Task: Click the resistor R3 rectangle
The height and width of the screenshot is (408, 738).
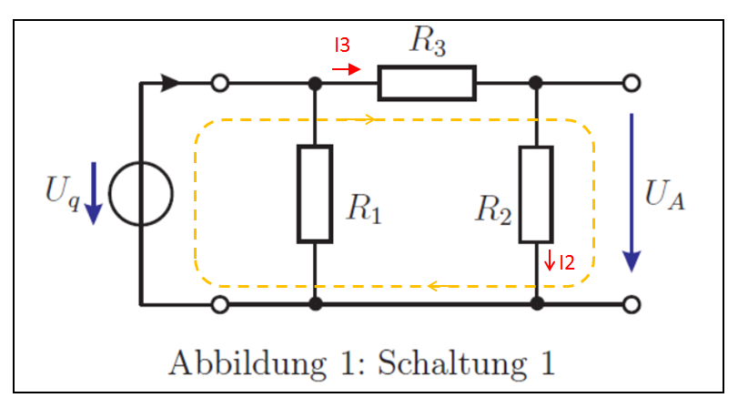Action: tap(427, 83)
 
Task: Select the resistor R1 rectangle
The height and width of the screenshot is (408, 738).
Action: tap(315, 193)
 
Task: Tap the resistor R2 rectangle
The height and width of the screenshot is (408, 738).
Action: tap(536, 193)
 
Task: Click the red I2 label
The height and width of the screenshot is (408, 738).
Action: tap(566, 263)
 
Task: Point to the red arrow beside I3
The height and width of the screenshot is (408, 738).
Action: tap(346, 68)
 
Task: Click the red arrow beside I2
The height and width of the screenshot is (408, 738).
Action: tap(550, 261)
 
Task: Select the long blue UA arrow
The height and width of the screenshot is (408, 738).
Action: tap(631, 191)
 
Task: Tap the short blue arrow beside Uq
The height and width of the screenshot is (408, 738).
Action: tap(92, 194)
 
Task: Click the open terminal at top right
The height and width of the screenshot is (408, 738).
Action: tap(630, 83)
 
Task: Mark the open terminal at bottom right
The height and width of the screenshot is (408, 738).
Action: tap(630, 304)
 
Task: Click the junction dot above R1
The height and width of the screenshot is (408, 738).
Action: tap(315, 83)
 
